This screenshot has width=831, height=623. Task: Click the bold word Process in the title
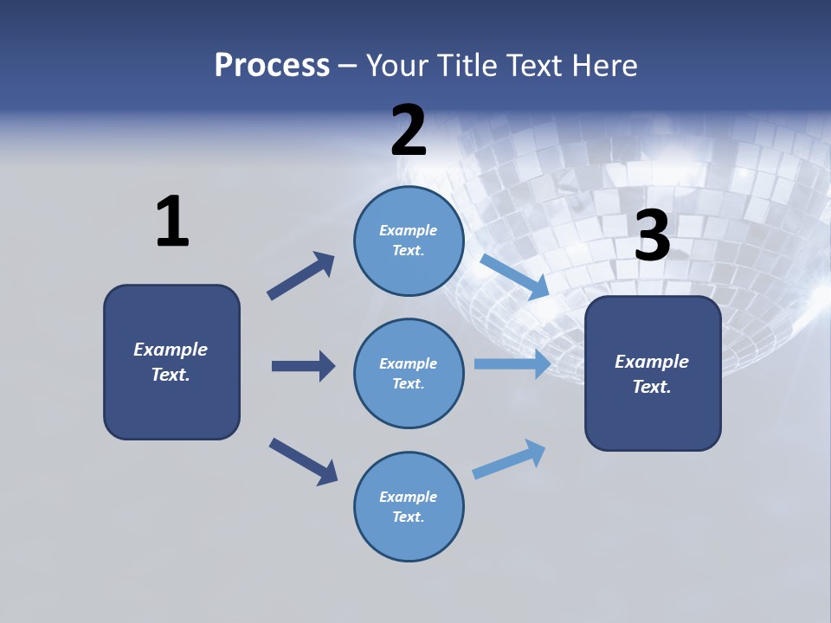[272, 66]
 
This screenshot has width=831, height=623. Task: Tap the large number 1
[172, 222]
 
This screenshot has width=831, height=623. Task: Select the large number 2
[409, 131]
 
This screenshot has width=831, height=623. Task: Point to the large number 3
[653, 236]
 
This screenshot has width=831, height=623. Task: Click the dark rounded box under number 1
[171, 362]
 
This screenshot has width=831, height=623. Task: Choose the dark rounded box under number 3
[653, 373]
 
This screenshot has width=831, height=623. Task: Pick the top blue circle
[409, 241]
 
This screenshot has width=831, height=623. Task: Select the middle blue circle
[409, 373]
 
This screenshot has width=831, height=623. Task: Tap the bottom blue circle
[409, 506]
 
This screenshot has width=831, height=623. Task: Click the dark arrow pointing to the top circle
[301, 275]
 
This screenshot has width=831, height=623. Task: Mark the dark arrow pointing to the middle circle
[303, 366]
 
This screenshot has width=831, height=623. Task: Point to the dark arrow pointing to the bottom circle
[303, 461]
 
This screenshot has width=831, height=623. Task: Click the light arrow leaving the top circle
[514, 277]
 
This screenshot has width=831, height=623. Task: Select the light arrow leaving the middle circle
[512, 363]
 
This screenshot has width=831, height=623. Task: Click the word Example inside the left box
[171, 350]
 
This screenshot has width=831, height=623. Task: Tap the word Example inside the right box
[652, 362]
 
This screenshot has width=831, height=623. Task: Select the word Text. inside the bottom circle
[409, 517]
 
